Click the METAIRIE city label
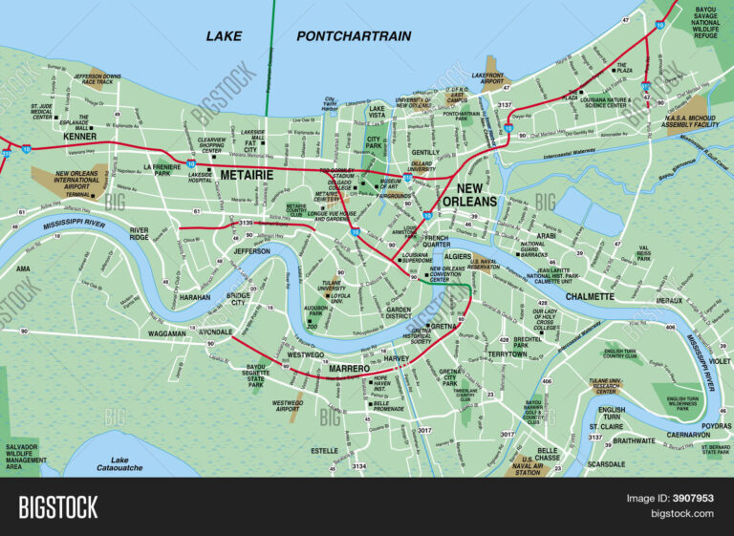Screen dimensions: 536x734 tap(247, 176)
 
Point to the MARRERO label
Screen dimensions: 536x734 tap(350, 368)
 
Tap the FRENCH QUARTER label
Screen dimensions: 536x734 tap(436, 242)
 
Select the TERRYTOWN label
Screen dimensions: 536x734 tap(507, 354)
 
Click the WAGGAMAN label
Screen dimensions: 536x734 tap(168, 333)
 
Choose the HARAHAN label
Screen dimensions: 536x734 tap(194, 297)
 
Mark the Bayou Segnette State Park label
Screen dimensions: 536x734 tap(255, 375)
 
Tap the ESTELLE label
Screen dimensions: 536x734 tap(324, 450)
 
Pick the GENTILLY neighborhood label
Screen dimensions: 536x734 tap(425, 152)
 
